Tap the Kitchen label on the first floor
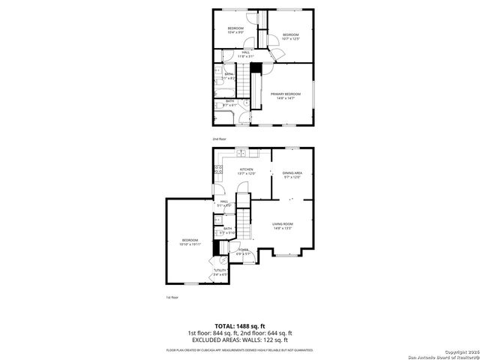click(246, 170)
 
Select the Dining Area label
click(292, 173)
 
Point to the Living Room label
click(282, 224)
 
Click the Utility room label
click(220, 271)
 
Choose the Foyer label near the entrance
click(244, 250)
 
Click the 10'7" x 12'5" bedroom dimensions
click(290, 39)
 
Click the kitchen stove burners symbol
click(218, 169)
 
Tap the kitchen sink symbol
click(241, 153)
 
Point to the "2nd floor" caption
click(219, 139)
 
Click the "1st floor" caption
click(172, 298)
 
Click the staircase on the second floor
click(256, 68)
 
